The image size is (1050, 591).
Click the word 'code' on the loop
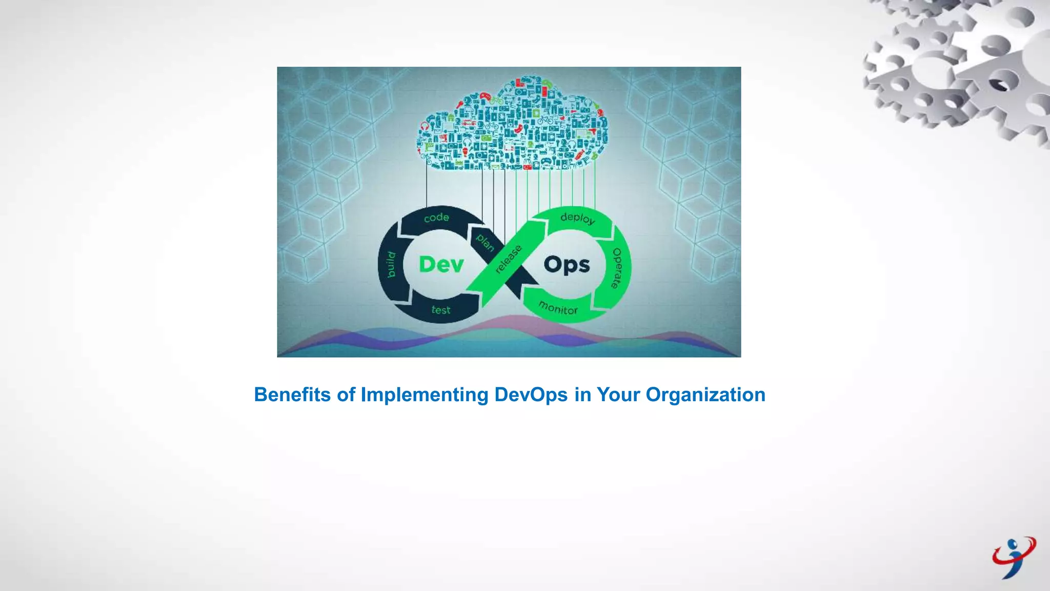pyautogui.click(x=436, y=218)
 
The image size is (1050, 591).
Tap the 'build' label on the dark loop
pyautogui.click(x=391, y=265)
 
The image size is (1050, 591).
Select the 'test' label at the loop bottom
pyautogui.click(x=441, y=310)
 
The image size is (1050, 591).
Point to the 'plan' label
pyautogui.click(x=485, y=242)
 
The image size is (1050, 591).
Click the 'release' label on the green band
pyautogui.click(x=508, y=259)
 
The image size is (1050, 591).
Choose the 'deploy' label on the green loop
pyautogui.click(x=578, y=218)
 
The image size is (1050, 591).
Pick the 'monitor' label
pyautogui.click(x=558, y=308)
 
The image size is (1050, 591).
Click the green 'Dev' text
pyautogui.click(x=441, y=265)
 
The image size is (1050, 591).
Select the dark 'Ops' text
pyautogui.click(x=567, y=265)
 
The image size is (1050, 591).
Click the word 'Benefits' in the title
pyautogui.click(x=292, y=395)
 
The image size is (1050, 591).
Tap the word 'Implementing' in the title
pyautogui.click(x=425, y=395)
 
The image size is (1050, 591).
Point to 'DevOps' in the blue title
pyautogui.click(x=531, y=395)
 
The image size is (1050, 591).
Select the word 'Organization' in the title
pyautogui.click(x=705, y=395)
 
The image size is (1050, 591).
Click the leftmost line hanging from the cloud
pyautogui.click(x=427, y=187)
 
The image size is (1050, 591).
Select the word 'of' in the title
pyautogui.click(x=346, y=395)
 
